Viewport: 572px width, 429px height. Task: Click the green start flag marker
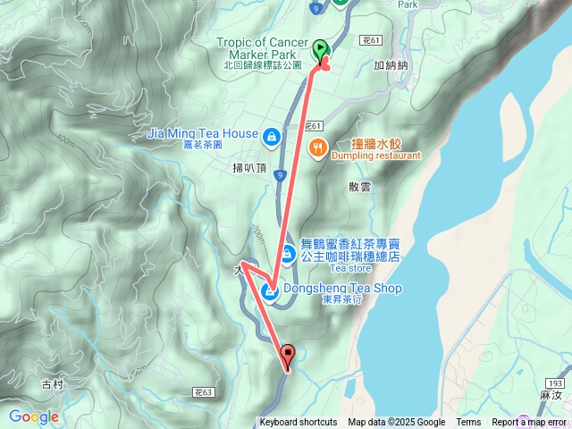pos(320,50)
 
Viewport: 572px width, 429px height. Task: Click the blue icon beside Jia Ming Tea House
pos(271,137)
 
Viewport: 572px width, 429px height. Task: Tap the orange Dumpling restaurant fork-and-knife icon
pos(317,148)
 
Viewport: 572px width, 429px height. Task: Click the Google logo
pos(34,416)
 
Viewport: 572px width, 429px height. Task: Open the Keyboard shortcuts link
pos(299,423)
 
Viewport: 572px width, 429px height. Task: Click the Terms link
pos(468,423)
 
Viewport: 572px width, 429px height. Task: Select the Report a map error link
pos(529,423)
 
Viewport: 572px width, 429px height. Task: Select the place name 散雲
pos(359,187)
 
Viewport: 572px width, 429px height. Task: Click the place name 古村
pos(53,384)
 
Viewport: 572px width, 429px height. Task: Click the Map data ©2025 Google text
pos(397,423)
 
